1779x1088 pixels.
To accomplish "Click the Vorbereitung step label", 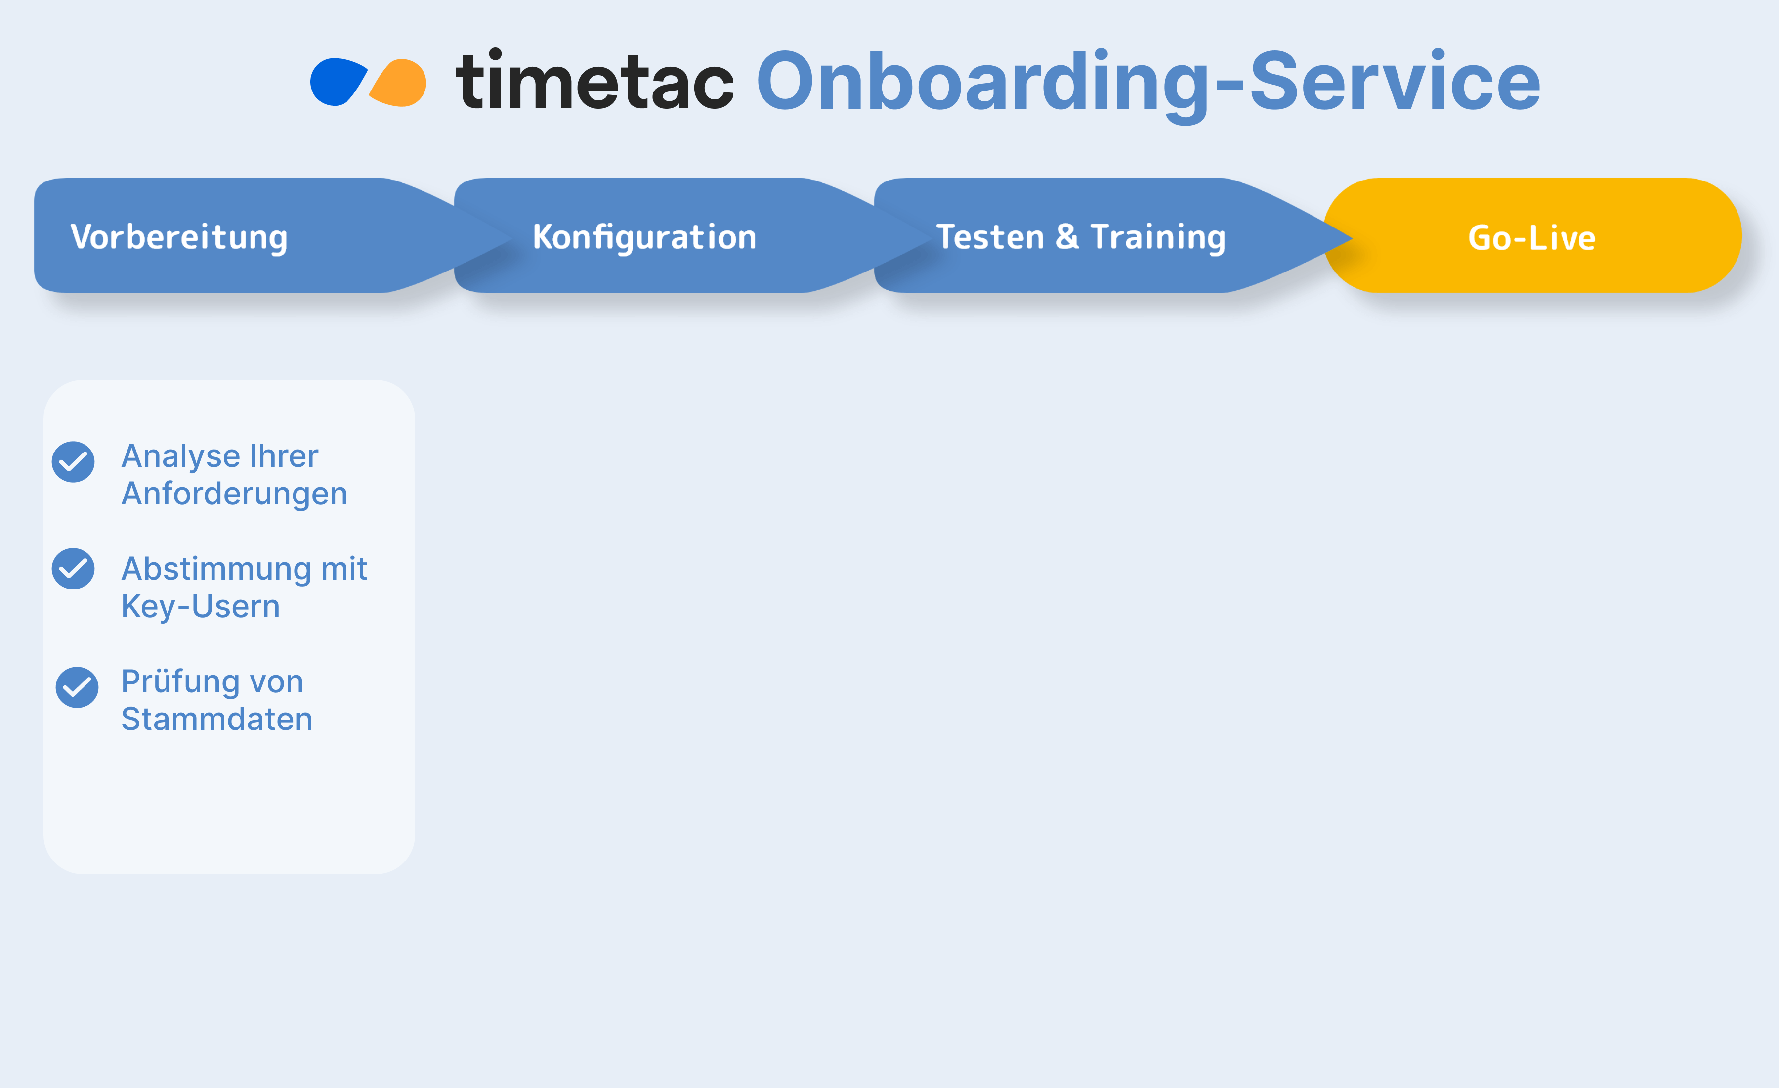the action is click(x=179, y=237).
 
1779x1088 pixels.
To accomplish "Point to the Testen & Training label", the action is click(x=1081, y=237).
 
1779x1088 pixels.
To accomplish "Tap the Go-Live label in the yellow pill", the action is click(x=1532, y=238).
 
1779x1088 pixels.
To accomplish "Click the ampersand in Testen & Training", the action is click(x=1067, y=237).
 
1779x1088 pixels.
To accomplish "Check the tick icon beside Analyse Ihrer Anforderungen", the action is click(x=73, y=461).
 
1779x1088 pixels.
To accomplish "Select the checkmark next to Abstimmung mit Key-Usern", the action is click(x=73, y=569).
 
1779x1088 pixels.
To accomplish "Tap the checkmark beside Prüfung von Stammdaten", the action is click(x=77, y=687).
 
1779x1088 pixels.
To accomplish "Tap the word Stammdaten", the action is click(x=216, y=720).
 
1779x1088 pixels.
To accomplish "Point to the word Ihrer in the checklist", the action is click(x=284, y=456).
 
